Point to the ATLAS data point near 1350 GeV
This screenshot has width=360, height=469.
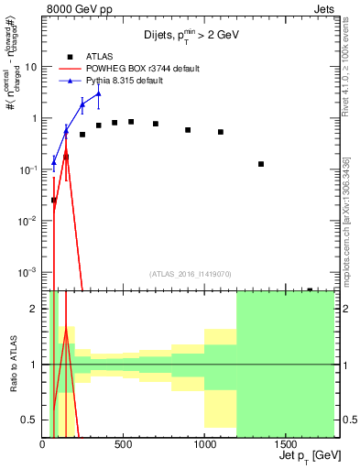261,164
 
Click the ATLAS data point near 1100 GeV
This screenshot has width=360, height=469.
221,132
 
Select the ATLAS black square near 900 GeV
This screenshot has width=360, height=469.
188,130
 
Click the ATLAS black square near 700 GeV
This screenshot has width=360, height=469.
156,124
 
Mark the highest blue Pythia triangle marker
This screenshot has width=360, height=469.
99,93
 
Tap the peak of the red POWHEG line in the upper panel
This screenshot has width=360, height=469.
66,147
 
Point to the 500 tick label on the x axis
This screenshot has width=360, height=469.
123,445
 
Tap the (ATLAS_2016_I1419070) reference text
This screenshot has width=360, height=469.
191,273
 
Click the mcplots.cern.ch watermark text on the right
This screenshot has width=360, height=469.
346,220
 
